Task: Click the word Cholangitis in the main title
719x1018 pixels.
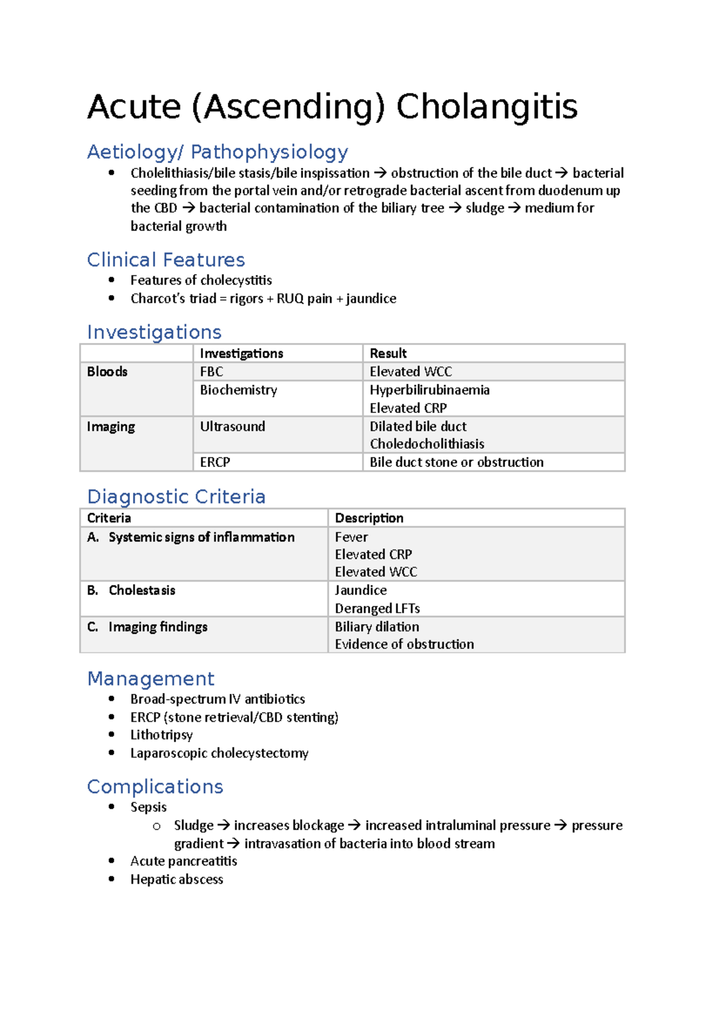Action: [x=487, y=107]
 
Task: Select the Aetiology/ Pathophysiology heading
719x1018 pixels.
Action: [x=217, y=152]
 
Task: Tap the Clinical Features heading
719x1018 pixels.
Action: [x=166, y=260]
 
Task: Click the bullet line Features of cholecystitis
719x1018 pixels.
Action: [x=201, y=281]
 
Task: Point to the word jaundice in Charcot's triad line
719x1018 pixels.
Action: [x=371, y=299]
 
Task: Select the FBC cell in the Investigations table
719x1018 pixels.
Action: [x=212, y=372]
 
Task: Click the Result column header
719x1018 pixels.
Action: [x=388, y=354]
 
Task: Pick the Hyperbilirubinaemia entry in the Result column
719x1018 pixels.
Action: [x=429, y=390]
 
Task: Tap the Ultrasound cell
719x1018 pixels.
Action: [x=232, y=426]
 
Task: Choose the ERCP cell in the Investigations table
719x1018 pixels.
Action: [x=215, y=462]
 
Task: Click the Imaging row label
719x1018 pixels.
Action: [x=111, y=426]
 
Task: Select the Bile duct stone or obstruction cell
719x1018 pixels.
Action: [x=456, y=462]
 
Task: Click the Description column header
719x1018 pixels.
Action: [x=369, y=518]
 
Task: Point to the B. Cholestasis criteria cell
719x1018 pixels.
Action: [x=131, y=591]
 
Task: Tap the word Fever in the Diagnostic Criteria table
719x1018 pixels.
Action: [x=351, y=537]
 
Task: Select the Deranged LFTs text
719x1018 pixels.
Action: [x=377, y=609]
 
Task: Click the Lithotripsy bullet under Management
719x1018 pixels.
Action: [x=161, y=735]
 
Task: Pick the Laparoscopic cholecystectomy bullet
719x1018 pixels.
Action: [x=219, y=753]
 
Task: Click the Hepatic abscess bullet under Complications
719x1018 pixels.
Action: [x=177, y=880]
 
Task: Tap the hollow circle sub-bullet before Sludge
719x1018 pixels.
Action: [x=157, y=826]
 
